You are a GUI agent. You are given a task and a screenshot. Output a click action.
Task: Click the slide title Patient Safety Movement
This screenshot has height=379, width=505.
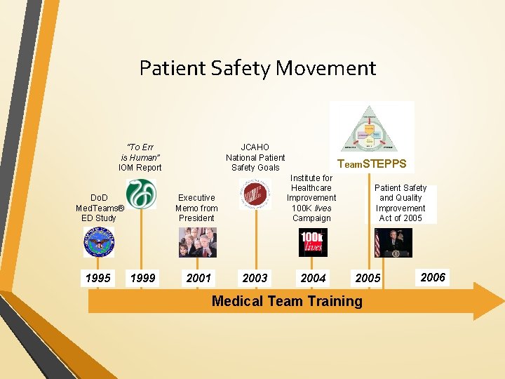257,68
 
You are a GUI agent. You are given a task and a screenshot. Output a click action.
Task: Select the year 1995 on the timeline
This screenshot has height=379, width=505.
97,278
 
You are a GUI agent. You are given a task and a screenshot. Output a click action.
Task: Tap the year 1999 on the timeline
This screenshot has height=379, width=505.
143,278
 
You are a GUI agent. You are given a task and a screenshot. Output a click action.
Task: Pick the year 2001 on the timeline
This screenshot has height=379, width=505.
198,278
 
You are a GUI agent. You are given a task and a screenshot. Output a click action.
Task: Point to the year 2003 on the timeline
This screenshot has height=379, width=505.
255,278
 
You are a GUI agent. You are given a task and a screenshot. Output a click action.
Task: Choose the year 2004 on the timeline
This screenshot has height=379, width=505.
313,278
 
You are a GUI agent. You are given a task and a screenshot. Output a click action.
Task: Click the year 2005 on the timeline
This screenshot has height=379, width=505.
368,278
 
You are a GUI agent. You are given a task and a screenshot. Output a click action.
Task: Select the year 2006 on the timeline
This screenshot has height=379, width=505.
433,277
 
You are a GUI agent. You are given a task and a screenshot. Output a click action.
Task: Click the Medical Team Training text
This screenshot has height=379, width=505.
287,301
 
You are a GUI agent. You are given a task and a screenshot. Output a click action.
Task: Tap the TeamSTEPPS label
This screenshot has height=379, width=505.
372,164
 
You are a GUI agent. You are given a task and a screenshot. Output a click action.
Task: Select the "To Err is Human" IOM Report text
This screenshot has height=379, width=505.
140,157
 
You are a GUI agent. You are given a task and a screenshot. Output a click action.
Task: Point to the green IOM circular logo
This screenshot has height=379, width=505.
141,193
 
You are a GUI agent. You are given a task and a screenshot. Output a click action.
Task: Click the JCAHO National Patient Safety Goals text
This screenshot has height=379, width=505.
255,157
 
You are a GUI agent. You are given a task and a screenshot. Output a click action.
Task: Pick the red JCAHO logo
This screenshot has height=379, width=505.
254,194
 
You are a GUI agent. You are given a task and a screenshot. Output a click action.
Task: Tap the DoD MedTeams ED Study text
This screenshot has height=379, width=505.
100,208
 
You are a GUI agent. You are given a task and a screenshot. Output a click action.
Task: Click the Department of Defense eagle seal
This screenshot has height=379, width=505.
99,243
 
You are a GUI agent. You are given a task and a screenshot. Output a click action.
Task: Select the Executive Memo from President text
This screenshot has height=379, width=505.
197,208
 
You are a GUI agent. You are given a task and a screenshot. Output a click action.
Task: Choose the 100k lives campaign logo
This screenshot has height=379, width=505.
313,242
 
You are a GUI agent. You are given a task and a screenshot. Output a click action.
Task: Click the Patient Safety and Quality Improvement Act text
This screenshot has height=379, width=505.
400,203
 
